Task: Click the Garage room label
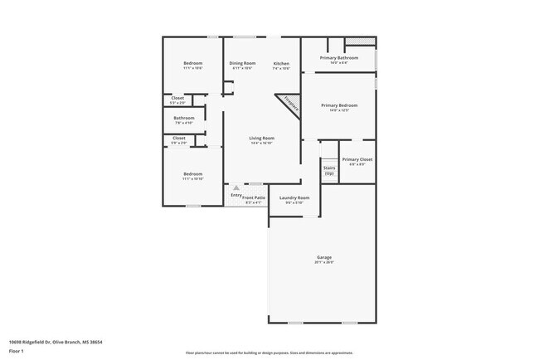tap(323, 257)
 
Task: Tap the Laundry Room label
tap(294, 197)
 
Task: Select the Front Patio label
tap(254, 197)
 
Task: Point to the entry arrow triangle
tap(236, 188)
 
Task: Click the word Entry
tap(236, 195)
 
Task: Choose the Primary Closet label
tap(357, 158)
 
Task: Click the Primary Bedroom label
tap(339, 105)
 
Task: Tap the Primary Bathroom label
tap(339, 57)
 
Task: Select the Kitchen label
tap(281, 64)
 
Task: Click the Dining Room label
tap(242, 64)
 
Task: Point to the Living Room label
tap(262, 138)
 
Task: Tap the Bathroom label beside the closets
tap(184, 118)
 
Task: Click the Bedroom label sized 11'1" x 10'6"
tap(192, 64)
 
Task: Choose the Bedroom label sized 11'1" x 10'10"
tap(192, 173)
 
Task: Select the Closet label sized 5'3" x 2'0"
tap(178, 98)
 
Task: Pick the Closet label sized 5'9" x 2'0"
tap(178, 138)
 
